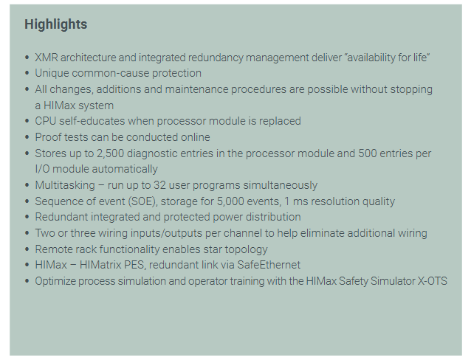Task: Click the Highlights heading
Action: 56,24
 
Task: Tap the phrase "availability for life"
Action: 387,58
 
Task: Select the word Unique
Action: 52,73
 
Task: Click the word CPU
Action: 46,121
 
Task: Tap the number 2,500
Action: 110,153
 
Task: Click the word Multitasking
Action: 65,185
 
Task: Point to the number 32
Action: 159,185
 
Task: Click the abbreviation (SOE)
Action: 142,201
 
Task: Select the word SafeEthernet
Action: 269,265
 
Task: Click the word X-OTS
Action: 433,281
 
